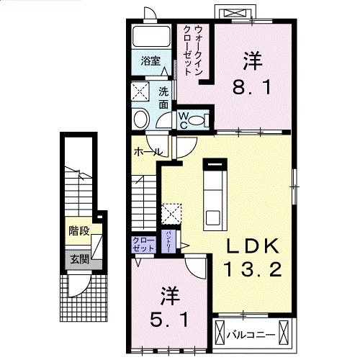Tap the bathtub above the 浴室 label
coord(149,37)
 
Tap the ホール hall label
coord(146,153)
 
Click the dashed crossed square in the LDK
coord(172,214)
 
